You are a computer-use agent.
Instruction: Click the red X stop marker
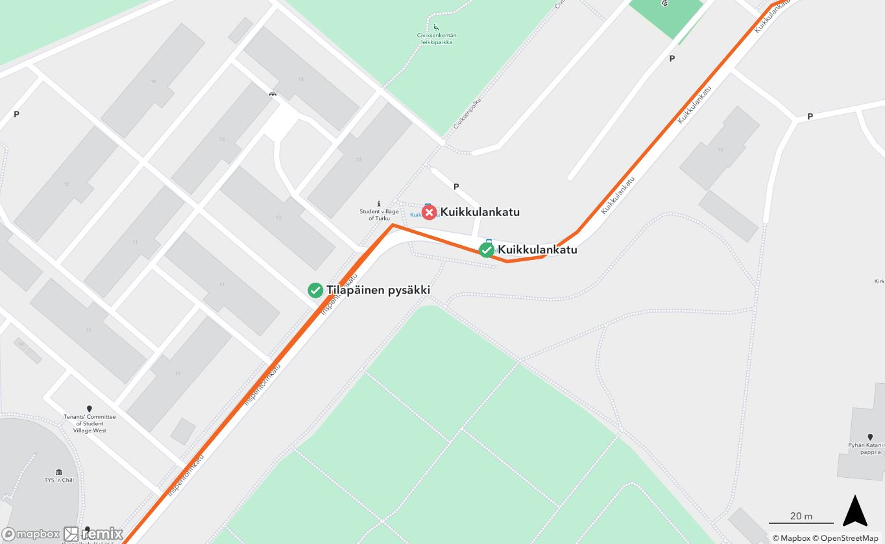tap(429, 213)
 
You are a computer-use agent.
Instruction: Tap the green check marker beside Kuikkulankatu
tap(486, 250)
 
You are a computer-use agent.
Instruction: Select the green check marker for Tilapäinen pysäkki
tap(315, 290)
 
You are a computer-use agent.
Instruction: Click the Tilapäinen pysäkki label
tap(378, 290)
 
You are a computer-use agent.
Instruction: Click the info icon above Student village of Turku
tap(379, 203)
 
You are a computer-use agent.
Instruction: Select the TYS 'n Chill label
tap(59, 480)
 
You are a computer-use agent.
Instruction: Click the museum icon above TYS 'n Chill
tap(59, 471)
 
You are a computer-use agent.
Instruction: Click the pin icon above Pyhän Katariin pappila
tap(870, 437)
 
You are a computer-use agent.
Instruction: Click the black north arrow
tap(855, 511)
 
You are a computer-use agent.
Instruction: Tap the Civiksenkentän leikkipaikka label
tap(435, 38)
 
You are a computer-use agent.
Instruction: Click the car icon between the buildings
tap(273, 94)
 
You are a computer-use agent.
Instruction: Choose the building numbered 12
tap(66, 184)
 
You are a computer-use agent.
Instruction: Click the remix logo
tap(93, 534)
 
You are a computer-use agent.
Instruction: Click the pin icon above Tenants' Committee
tap(89, 409)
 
